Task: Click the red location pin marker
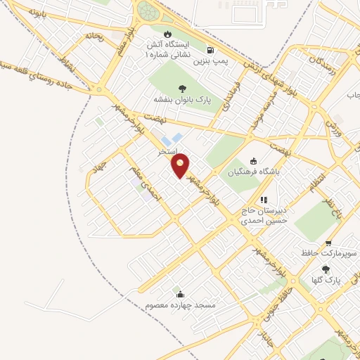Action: (x=181, y=165)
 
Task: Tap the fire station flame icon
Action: (x=167, y=34)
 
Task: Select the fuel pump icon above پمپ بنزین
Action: (x=210, y=50)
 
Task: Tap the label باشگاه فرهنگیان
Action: (x=254, y=171)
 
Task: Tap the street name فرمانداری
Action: (x=232, y=95)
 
